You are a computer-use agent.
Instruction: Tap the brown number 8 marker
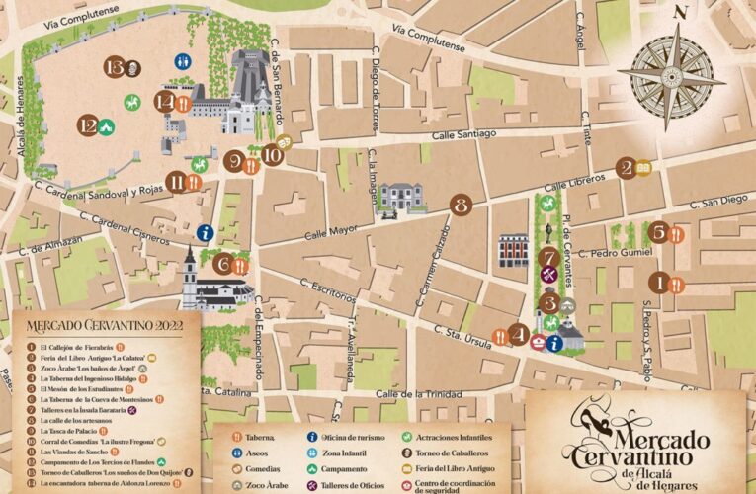[460, 206]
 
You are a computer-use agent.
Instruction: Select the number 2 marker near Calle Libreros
[625, 168]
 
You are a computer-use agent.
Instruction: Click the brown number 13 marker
[116, 67]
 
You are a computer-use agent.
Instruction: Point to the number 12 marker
[90, 125]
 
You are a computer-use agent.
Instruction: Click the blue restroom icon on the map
[182, 61]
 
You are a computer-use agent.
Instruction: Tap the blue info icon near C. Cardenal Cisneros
[204, 233]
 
